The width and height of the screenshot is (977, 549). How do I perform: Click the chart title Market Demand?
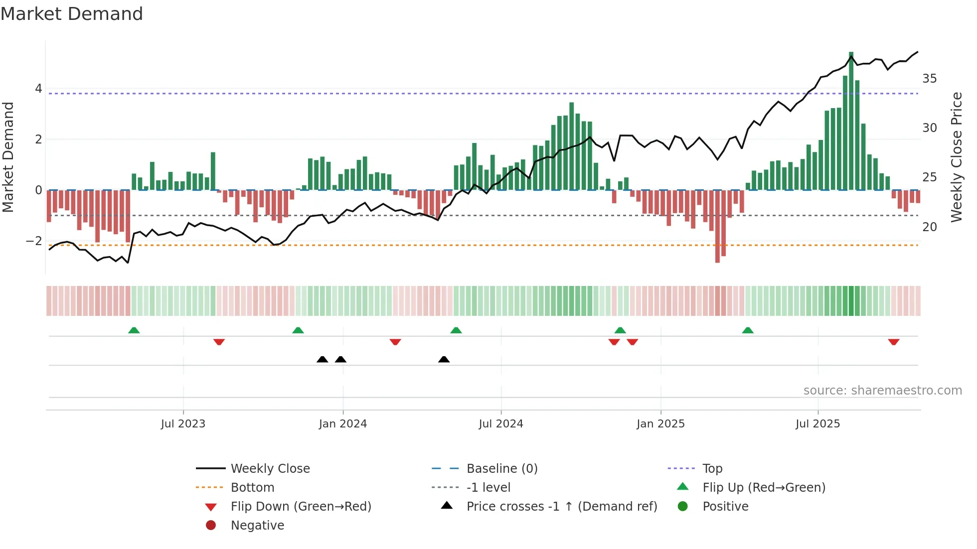[72, 14]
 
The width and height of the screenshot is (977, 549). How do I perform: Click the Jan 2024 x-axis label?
[343, 424]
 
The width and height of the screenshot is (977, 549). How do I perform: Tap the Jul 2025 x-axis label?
[817, 424]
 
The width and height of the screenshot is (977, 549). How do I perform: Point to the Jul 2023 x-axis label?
[183, 424]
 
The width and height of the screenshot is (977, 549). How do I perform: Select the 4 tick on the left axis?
[38, 89]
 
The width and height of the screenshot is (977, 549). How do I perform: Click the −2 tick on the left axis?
[34, 241]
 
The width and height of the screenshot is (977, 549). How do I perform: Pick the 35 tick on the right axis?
[929, 79]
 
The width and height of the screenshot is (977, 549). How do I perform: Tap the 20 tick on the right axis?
[929, 227]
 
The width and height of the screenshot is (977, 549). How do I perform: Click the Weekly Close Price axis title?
[956, 157]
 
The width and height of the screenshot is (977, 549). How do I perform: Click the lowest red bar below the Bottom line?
[717, 227]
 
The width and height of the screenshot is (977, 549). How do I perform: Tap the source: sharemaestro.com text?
[882, 391]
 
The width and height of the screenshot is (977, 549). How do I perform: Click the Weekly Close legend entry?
[270, 469]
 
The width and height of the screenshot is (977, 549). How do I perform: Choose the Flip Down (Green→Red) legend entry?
[301, 507]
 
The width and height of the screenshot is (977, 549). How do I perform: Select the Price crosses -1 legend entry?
[561, 507]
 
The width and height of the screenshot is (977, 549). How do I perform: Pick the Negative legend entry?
[257, 526]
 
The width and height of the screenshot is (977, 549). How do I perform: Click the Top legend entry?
[712, 469]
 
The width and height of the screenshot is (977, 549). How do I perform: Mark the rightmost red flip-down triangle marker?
[893, 342]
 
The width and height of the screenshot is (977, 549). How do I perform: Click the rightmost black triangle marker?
[444, 359]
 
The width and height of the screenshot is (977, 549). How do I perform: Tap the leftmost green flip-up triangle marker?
[134, 330]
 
